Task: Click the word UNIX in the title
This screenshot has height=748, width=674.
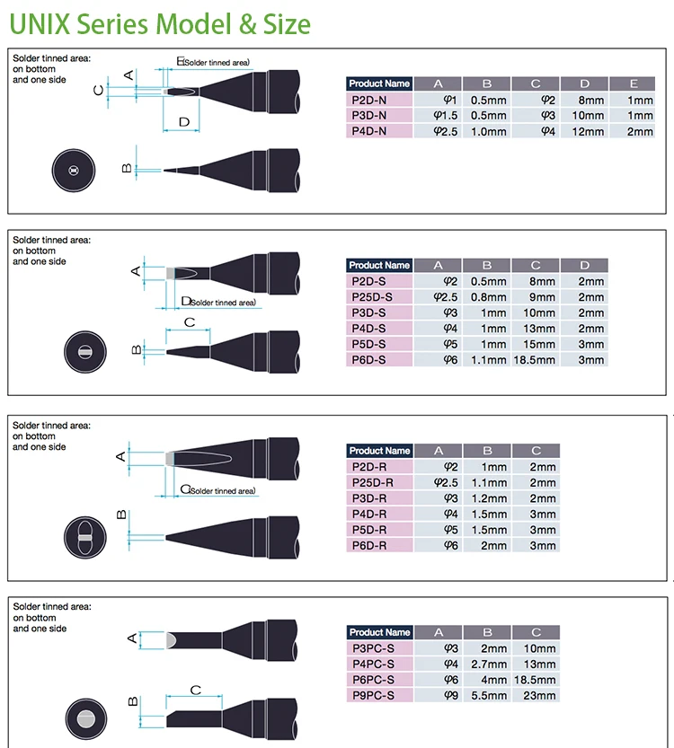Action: click(40, 24)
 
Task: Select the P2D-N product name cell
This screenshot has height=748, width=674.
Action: click(379, 100)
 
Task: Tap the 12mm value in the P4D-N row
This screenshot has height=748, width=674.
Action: click(584, 131)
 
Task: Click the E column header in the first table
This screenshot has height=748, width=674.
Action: click(633, 84)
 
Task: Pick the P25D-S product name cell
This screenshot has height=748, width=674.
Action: click(379, 297)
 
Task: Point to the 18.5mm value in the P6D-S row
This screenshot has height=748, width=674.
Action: click(535, 360)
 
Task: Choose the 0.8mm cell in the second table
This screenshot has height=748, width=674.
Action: click(486, 297)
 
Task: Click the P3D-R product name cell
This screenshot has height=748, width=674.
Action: click(379, 498)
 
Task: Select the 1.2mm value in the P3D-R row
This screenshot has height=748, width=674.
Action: click(487, 498)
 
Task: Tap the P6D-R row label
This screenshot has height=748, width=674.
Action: click(379, 545)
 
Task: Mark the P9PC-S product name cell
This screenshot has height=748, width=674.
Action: click(379, 695)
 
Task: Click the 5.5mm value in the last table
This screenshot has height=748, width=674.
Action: click(487, 695)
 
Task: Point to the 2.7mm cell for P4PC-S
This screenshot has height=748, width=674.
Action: click(487, 664)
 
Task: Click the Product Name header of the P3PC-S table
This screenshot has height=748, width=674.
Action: click(379, 632)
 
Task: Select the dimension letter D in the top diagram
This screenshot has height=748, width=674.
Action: click(184, 122)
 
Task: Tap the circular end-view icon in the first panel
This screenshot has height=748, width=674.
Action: click(74, 171)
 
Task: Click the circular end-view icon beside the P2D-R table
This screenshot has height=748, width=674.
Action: click(85, 538)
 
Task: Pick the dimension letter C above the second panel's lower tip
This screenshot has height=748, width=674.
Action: click(190, 322)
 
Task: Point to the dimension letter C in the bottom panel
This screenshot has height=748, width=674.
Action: click(196, 690)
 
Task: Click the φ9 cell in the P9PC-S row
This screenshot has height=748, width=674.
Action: click(450, 695)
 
